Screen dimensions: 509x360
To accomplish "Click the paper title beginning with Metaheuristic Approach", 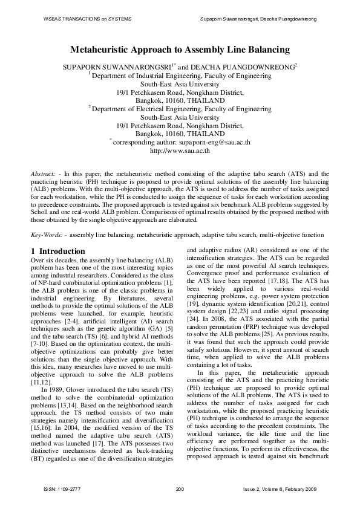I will click(x=180, y=50).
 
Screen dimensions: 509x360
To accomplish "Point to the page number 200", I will click(x=180, y=488).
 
